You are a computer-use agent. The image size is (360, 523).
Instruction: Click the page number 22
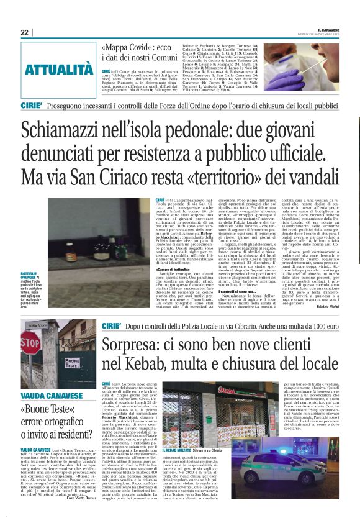25,32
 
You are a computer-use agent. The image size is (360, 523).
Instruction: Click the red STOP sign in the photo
30,342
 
